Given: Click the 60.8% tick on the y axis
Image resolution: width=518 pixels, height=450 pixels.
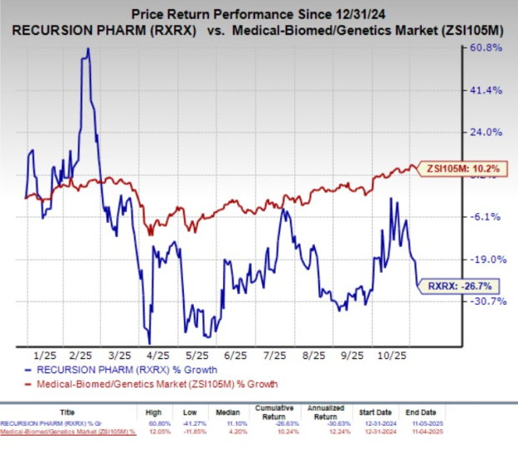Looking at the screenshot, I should pos(486,48).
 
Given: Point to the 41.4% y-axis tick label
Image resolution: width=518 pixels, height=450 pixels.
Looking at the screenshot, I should pos(486,90).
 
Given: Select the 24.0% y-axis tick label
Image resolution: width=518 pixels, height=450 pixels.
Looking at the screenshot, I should pos(486,132).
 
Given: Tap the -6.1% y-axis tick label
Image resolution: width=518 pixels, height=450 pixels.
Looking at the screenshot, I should pos(488,217).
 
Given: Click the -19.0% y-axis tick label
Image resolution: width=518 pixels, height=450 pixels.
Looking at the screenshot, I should pos(486,260).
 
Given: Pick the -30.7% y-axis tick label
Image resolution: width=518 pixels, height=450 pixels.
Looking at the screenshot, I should pos(486,302).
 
